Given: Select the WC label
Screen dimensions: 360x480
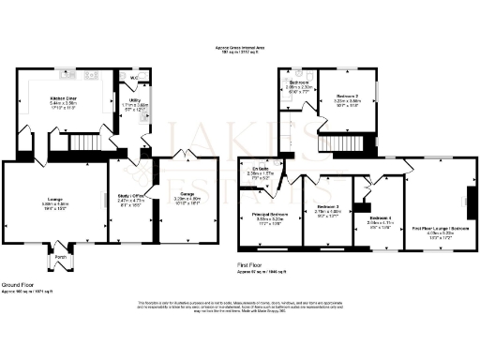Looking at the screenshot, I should coord(135,78).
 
